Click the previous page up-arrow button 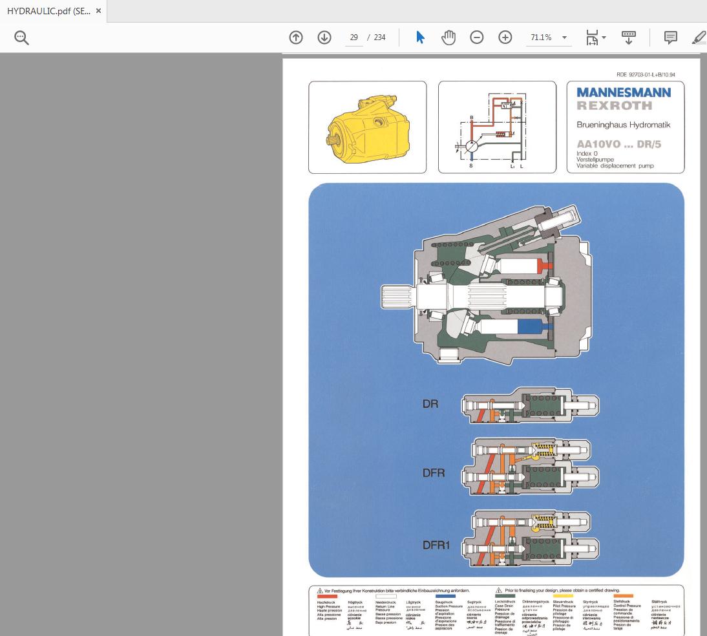pos(296,37)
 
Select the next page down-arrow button pos(324,37)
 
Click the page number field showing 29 pos(354,37)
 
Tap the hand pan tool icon pos(448,37)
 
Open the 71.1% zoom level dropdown pos(548,37)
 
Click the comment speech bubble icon pos(671,37)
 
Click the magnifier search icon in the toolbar pos(21,38)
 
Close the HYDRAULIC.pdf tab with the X pos(98,11)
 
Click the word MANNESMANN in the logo pos(624,92)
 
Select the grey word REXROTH pos(615,106)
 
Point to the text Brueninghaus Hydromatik pos(624,125)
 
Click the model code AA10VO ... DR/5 pos(618,145)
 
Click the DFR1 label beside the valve pos(436,545)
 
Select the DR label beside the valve pos(430,404)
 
